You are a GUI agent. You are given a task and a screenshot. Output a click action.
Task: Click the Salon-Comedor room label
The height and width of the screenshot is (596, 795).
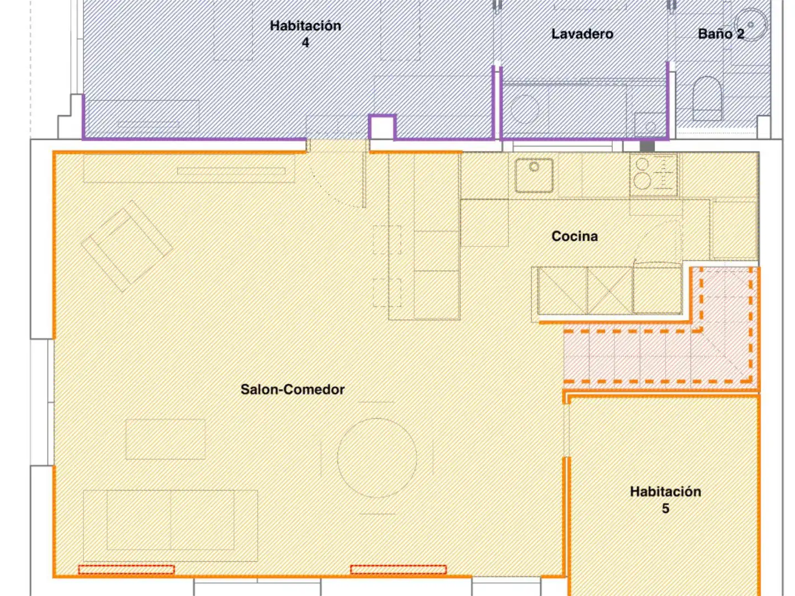pos(292,390)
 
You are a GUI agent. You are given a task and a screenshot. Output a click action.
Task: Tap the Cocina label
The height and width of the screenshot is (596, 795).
pos(574,236)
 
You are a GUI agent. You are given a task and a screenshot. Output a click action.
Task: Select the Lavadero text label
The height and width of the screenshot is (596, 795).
pos(582,34)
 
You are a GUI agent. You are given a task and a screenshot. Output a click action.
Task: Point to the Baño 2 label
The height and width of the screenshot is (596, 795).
pos(721,34)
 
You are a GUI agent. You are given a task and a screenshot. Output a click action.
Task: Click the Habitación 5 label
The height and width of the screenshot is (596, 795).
pos(665,500)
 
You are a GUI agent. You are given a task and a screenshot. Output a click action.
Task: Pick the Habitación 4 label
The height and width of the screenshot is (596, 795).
pos(305,34)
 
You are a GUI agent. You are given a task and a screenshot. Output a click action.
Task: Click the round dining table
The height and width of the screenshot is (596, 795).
pos(377,458)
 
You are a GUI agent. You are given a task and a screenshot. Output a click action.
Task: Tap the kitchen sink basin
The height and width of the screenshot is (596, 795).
pos(534,175)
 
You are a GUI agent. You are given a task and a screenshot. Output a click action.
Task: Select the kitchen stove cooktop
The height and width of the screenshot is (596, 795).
pos(653,175)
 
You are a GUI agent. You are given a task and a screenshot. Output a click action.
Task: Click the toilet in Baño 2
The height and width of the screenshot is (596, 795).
pos(707,98)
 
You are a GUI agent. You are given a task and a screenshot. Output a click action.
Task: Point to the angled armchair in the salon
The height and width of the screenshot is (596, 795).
pos(127,246)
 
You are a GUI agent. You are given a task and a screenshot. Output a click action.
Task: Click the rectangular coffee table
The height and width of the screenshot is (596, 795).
pos(165,439)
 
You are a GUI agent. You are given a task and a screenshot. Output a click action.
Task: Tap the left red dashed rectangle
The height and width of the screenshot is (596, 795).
pos(126,569)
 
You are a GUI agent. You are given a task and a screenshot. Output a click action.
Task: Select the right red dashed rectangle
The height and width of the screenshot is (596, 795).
pos(398,569)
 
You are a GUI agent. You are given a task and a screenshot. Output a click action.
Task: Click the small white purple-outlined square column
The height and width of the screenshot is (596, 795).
pos(381,127)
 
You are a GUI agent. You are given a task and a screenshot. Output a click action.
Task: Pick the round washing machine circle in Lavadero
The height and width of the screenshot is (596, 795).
pos(524,109)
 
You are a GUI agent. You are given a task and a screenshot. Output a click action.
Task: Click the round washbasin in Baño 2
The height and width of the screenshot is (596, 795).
pos(750,25)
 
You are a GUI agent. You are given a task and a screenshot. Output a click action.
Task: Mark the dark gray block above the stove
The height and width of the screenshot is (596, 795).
pos(647,146)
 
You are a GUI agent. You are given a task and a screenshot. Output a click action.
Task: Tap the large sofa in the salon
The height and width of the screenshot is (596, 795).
pos(170,525)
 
